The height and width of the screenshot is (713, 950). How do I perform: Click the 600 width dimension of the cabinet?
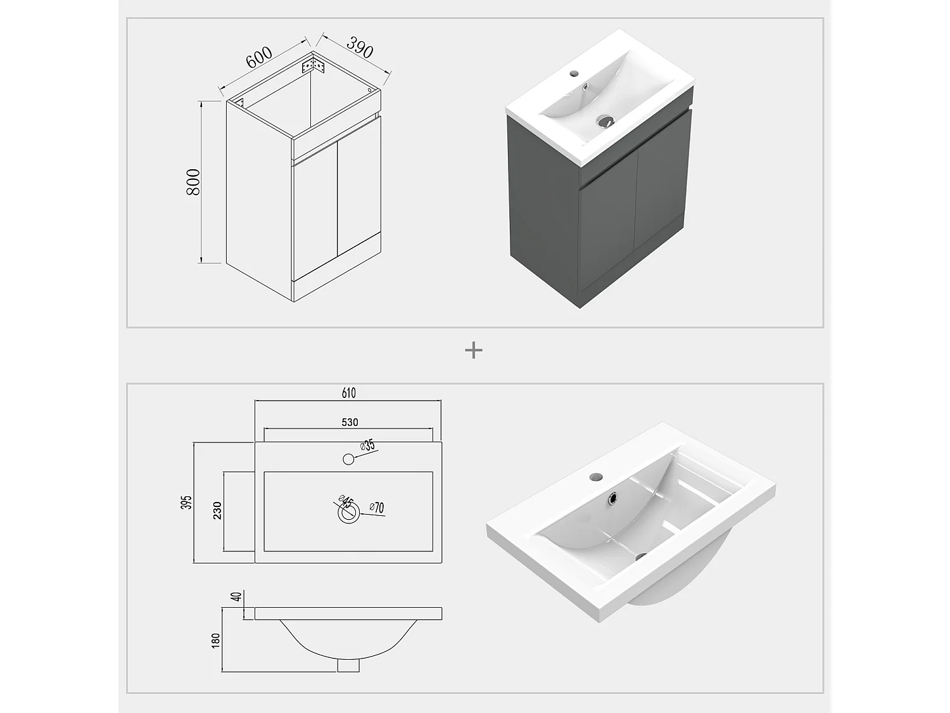click(259, 57)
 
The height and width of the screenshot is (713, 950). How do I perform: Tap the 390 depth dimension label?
click(360, 47)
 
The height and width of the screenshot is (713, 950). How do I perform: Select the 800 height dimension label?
click(193, 182)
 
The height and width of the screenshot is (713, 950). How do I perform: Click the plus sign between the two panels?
click(474, 350)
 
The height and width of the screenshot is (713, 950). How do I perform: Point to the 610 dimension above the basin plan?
click(348, 393)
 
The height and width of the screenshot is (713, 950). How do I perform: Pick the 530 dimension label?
click(350, 422)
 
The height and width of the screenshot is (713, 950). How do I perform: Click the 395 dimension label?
click(186, 502)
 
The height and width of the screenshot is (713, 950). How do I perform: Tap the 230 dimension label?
click(217, 510)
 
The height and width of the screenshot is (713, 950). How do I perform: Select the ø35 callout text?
click(367, 445)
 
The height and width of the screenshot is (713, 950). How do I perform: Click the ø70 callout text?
click(377, 507)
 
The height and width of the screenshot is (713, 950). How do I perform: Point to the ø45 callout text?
click(346, 502)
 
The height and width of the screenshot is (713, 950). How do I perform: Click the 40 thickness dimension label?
click(236, 597)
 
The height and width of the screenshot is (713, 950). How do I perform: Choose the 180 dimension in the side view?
click(215, 641)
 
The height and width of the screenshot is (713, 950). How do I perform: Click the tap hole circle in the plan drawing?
click(348, 459)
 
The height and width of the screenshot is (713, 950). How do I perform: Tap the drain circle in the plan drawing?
click(348, 513)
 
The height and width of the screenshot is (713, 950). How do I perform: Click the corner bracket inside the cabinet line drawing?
click(313, 65)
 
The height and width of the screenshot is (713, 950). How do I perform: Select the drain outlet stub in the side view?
click(348, 665)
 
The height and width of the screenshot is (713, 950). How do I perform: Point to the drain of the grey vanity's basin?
click(604, 121)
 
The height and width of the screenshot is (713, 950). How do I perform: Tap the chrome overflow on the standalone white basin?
click(612, 499)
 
